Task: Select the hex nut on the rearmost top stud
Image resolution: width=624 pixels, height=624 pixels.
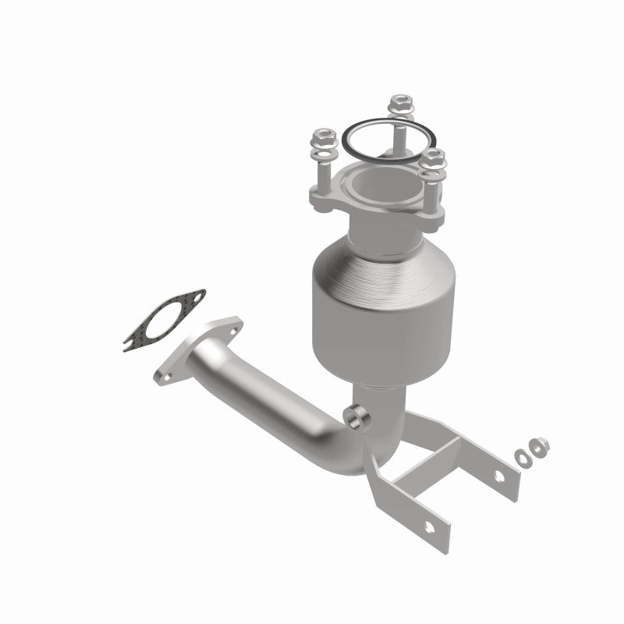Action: tap(400, 101)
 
